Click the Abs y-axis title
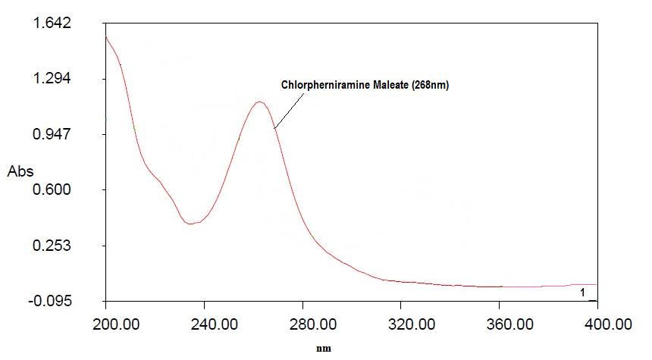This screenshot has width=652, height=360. pyautogui.click(x=20, y=171)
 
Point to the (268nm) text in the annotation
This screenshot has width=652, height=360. pyautogui.click(x=431, y=86)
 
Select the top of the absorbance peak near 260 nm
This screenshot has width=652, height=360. pyautogui.click(x=260, y=102)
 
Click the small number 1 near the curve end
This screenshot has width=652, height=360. pyautogui.click(x=582, y=293)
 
